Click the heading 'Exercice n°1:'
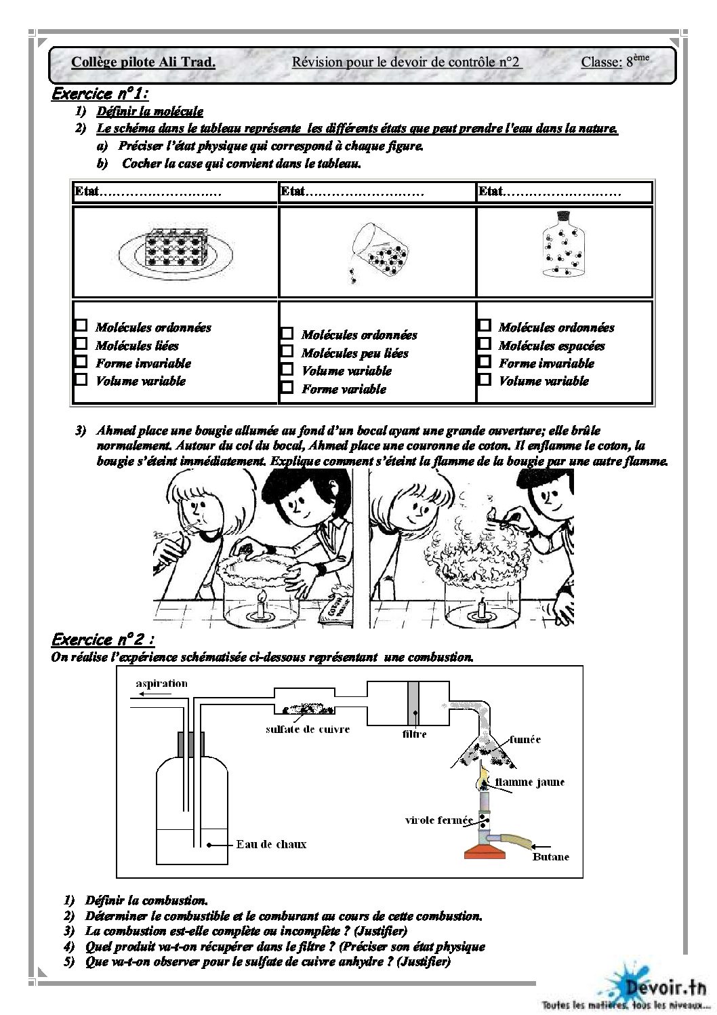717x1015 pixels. pos(100,94)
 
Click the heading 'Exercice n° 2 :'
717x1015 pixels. pos(103,639)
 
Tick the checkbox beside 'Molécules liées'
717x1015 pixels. pos(81,344)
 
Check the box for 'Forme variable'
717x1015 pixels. pos(287,387)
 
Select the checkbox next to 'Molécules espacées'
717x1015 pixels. pos(484,344)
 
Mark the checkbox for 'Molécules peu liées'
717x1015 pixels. pos(287,351)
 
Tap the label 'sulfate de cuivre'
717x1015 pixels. pos(308,730)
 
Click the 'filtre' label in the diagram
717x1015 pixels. pos(414,734)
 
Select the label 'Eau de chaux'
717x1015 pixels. pos(271,844)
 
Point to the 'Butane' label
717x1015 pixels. pos(550,857)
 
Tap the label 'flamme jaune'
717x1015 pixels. pos(529,782)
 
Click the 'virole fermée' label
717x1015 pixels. pos(438,820)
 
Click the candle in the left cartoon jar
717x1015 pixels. pos(261,603)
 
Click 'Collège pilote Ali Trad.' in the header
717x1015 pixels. pos(143,62)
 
